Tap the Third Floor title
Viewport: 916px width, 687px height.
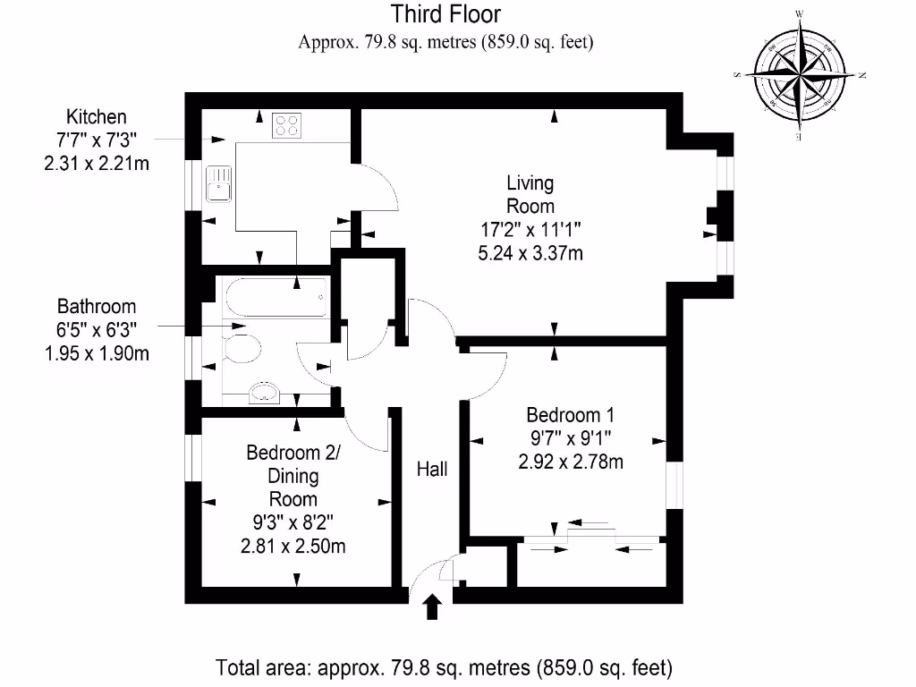point(445,14)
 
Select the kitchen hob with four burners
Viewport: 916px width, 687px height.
point(288,125)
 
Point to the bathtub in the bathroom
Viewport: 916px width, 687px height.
point(275,298)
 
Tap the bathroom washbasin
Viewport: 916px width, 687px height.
point(265,391)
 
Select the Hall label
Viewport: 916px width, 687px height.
point(432,469)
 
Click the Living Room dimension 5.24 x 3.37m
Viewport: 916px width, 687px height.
point(530,253)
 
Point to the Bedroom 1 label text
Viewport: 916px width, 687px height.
point(570,415)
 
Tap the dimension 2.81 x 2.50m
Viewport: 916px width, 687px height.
point(294,546)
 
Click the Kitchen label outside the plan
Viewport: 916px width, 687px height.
point(97,117)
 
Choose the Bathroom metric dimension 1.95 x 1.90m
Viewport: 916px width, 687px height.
point(97,353)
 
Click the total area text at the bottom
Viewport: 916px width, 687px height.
point(444,667)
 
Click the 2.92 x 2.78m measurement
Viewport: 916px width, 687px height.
point(570,462)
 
